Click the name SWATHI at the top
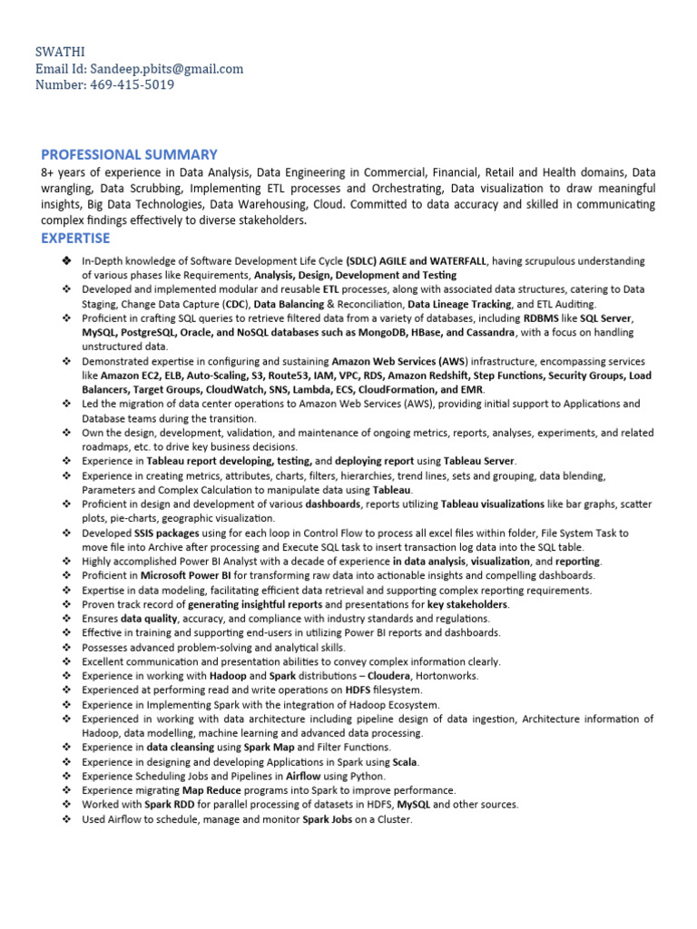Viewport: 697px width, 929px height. tap(61, 53)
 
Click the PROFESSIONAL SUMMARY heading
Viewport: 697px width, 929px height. tap(129, 154)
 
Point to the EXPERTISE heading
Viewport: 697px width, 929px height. tap(75, 238)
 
